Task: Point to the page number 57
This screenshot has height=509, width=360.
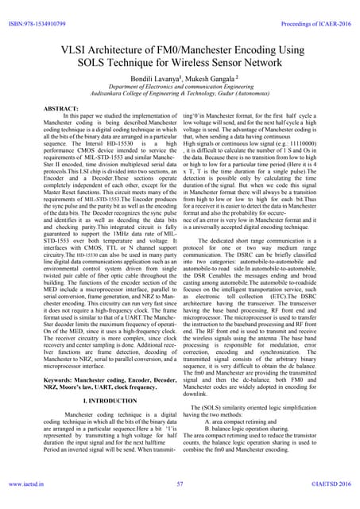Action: pyautogui.click(x=180, y=482)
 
